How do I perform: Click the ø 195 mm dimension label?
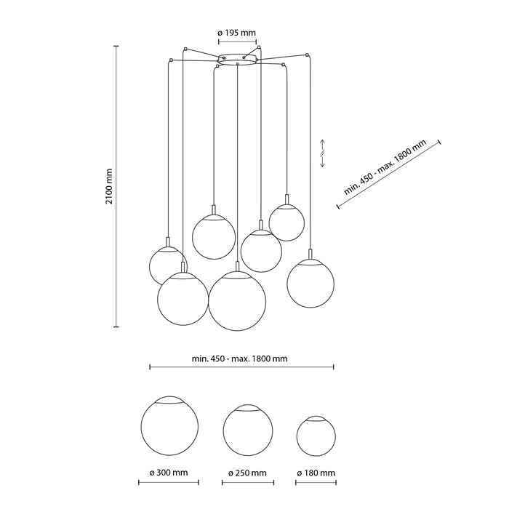pos(236,33)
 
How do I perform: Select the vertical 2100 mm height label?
pos(109,186)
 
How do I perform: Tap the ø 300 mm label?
pos(169,473)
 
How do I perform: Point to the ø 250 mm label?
pos(247,473)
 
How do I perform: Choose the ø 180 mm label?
pos(316,473)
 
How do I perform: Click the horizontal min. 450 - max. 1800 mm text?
pos(239,358)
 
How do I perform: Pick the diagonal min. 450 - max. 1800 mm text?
pos(385,167)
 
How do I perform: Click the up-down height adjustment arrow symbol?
pos(323,153)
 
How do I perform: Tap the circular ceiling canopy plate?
pos(237,60)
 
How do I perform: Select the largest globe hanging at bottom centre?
pos(237,301)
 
